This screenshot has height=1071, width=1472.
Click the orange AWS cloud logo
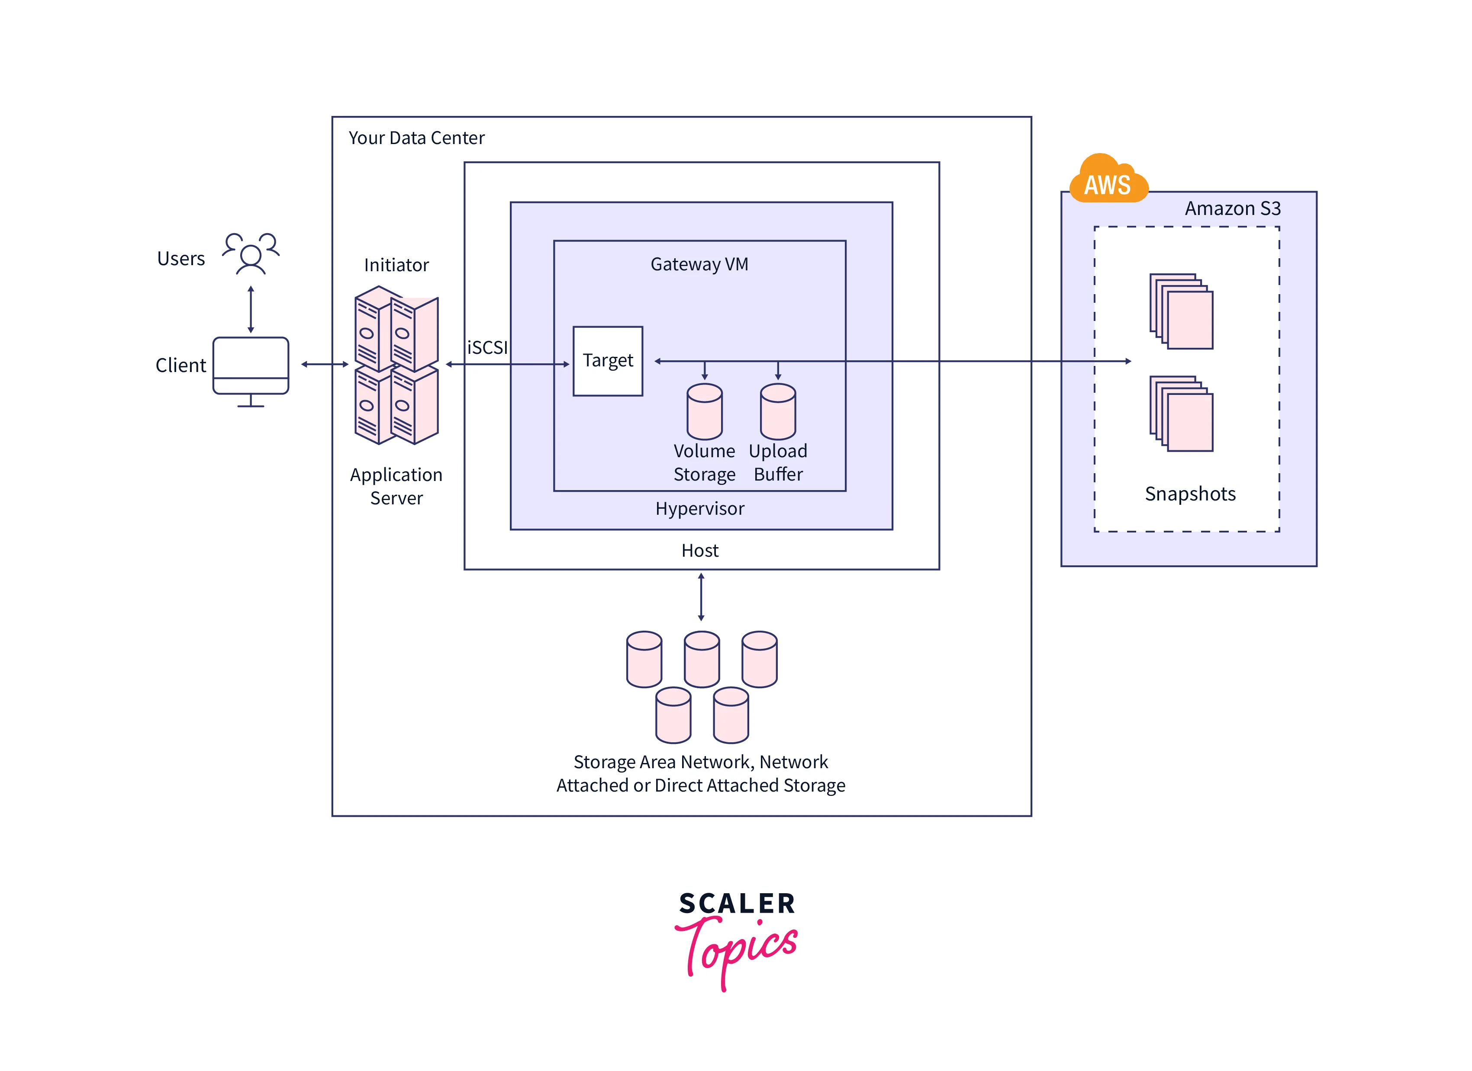pyautogui.click(x=1108, y=180)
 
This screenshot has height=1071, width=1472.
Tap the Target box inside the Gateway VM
pyautogui.click(x=608, y=361)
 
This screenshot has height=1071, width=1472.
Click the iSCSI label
pyautogui.click(x=487, y=348)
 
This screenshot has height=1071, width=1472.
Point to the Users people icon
pyautogui.click(x=251, y=253)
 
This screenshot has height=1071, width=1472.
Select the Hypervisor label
pyautogui.click(x=700, y=509)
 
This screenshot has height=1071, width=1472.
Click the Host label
pyautogui.click(x=700, y=551)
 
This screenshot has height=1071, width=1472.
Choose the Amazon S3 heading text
pyautogui.click(x=1233, y=208)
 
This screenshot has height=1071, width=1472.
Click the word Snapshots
pyautogui.click(x=1190, y=494)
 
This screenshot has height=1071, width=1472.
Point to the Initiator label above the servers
pyautogui.click(x=396, y=265)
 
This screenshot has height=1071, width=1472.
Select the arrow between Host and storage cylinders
pyautogui.click(x=701, y=597)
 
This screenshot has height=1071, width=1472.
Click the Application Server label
pyautogui.click(x=396, y=487)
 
